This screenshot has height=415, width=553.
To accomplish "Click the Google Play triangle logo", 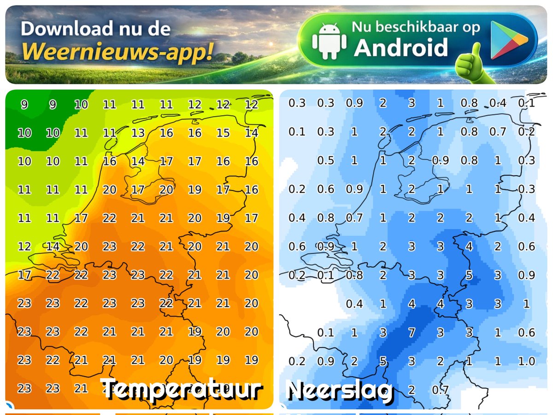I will [x=508, y=40].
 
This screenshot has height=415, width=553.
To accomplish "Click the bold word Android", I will [x=400, y=48].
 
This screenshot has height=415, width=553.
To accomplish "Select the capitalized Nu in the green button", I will [x=361, y=27].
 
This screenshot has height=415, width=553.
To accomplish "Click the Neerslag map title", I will [x=339, y=390].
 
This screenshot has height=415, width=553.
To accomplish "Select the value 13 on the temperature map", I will [x=138, y=133].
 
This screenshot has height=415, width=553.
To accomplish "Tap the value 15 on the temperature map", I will [x=223, y=133].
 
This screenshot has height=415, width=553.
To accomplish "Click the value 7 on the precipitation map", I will [x=412, y=332].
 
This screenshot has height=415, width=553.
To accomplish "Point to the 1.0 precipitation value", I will [x=526, y=361].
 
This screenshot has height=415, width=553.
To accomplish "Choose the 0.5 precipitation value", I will [x=325, y=160].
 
